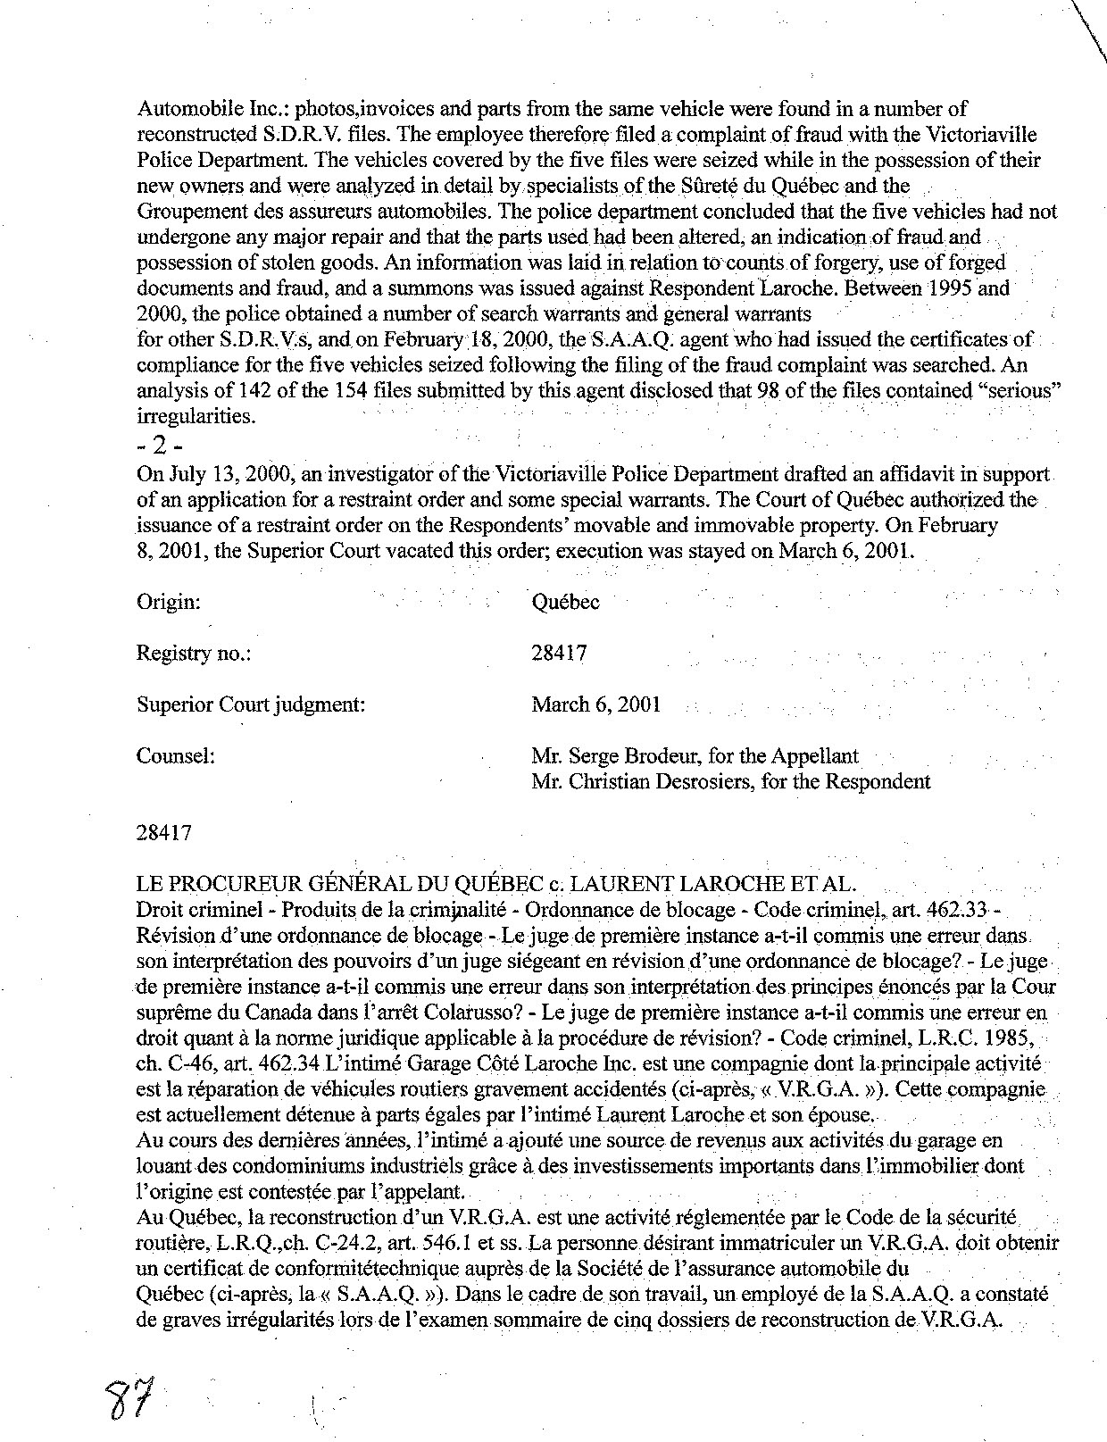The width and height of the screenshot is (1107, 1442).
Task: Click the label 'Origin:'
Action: coord(168,603)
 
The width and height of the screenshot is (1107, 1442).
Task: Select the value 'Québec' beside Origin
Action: coord(565,603)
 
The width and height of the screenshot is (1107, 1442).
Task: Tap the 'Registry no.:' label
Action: coord(193,654)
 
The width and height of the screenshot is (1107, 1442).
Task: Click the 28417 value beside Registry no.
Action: coord(559,654)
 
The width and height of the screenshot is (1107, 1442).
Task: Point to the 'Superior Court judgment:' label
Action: coord(251,704)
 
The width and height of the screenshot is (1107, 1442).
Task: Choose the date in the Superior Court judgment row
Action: coord(595,704)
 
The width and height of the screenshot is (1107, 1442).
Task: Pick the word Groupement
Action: coord(186,212)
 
